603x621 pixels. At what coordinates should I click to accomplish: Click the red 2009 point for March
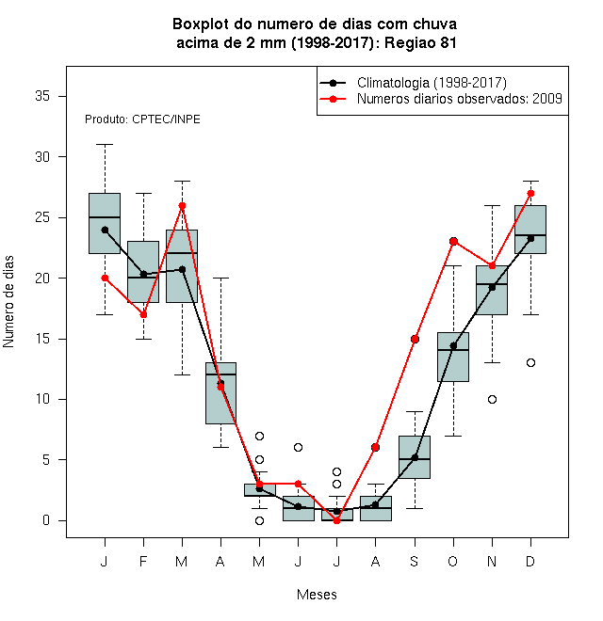tap(182, 205)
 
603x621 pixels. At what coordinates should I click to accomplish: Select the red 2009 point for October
tap(453, 241)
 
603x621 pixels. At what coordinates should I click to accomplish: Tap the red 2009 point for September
tap(415, 339)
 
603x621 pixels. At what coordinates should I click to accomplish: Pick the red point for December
tap(530, 193)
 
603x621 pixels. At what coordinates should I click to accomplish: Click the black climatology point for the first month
tap(105, 230)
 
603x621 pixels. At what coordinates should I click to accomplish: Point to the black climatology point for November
tap(492, 287)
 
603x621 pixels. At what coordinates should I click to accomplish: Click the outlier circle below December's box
tap(530, 362)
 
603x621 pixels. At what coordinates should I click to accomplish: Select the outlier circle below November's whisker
tap(492, 399)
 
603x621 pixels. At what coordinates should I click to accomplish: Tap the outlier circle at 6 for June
tap(298, 447)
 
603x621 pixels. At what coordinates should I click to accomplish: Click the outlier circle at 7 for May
tap(259, 436)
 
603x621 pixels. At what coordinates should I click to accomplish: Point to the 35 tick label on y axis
tap(42, 96)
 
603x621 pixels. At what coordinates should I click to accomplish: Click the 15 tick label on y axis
tap(42, 339)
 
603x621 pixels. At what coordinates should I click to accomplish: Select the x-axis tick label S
tap(415, 561)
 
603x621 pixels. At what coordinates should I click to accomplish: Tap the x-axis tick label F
tap(143, 561)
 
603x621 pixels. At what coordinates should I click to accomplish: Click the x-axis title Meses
tap(317, 595)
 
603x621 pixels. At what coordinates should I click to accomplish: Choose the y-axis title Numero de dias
tap(8, 302)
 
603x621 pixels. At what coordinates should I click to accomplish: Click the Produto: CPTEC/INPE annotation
tap(142, 119)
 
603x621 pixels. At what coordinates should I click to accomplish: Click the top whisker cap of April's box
tap(220, 278)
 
